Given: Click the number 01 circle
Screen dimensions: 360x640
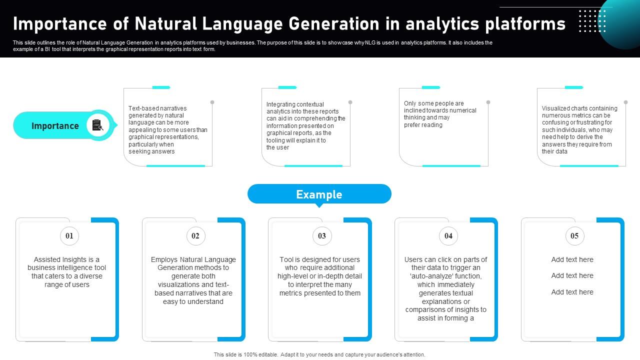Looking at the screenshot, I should click(x=69, y=236).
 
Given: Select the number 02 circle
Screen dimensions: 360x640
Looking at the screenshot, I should click(x=195, y=236).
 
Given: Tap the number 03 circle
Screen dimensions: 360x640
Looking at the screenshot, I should click(x=322, y=236).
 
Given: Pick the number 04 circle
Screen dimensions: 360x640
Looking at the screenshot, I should click(x=448, y=236).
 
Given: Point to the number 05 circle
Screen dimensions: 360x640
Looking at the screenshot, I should click(x=574, y=236).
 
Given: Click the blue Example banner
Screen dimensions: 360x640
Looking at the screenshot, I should click(x=319, y=194).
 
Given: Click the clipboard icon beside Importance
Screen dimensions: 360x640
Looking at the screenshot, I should click(x=97, y=125).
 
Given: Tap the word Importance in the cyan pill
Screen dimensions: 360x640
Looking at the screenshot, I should click(x=55, y=126).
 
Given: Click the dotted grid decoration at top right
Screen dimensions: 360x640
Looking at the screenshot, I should click(x=592, y=21).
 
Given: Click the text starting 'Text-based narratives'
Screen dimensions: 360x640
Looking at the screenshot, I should click(x=167, y=130).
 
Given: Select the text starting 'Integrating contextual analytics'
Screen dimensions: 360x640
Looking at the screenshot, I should click(x=305, y=126).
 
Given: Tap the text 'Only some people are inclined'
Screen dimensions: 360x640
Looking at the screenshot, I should click(x=440, y=114).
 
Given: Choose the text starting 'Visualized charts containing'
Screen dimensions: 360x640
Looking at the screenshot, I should click(x=579, y=130).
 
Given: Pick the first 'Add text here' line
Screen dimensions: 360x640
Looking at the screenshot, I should click(x=572, y=259).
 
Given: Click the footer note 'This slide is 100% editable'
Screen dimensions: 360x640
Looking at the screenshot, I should click(x=319, y=354).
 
